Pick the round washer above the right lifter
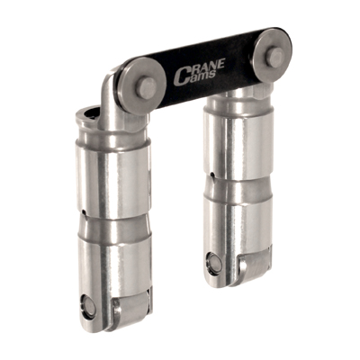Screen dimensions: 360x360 [x=273, y=52]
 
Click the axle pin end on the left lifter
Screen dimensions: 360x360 [x=88, y=307]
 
